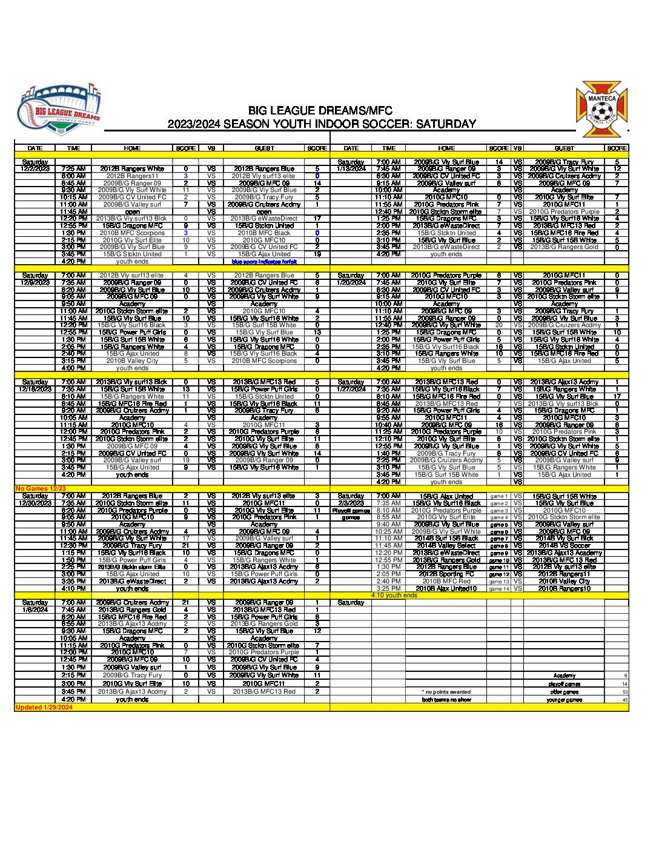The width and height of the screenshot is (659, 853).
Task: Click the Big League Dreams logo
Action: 59,112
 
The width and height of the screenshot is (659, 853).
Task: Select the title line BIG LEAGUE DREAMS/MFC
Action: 320,111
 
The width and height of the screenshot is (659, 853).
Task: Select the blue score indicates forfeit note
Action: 264,262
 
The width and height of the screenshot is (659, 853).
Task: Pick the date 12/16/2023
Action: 35,389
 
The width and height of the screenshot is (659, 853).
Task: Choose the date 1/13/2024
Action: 351,169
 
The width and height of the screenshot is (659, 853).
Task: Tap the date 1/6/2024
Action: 35,609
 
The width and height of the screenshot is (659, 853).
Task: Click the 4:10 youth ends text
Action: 394,596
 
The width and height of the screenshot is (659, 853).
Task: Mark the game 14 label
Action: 499,588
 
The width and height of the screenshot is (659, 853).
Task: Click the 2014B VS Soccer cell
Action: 564,545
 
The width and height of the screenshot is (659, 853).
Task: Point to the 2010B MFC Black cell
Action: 264,233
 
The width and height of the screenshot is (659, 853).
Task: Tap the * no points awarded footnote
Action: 446,692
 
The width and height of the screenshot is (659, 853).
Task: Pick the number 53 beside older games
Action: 624,692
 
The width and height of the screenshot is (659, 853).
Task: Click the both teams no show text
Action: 446,700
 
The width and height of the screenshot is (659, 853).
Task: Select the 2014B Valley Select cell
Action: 446,545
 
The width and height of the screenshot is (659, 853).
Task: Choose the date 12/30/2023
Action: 35,503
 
